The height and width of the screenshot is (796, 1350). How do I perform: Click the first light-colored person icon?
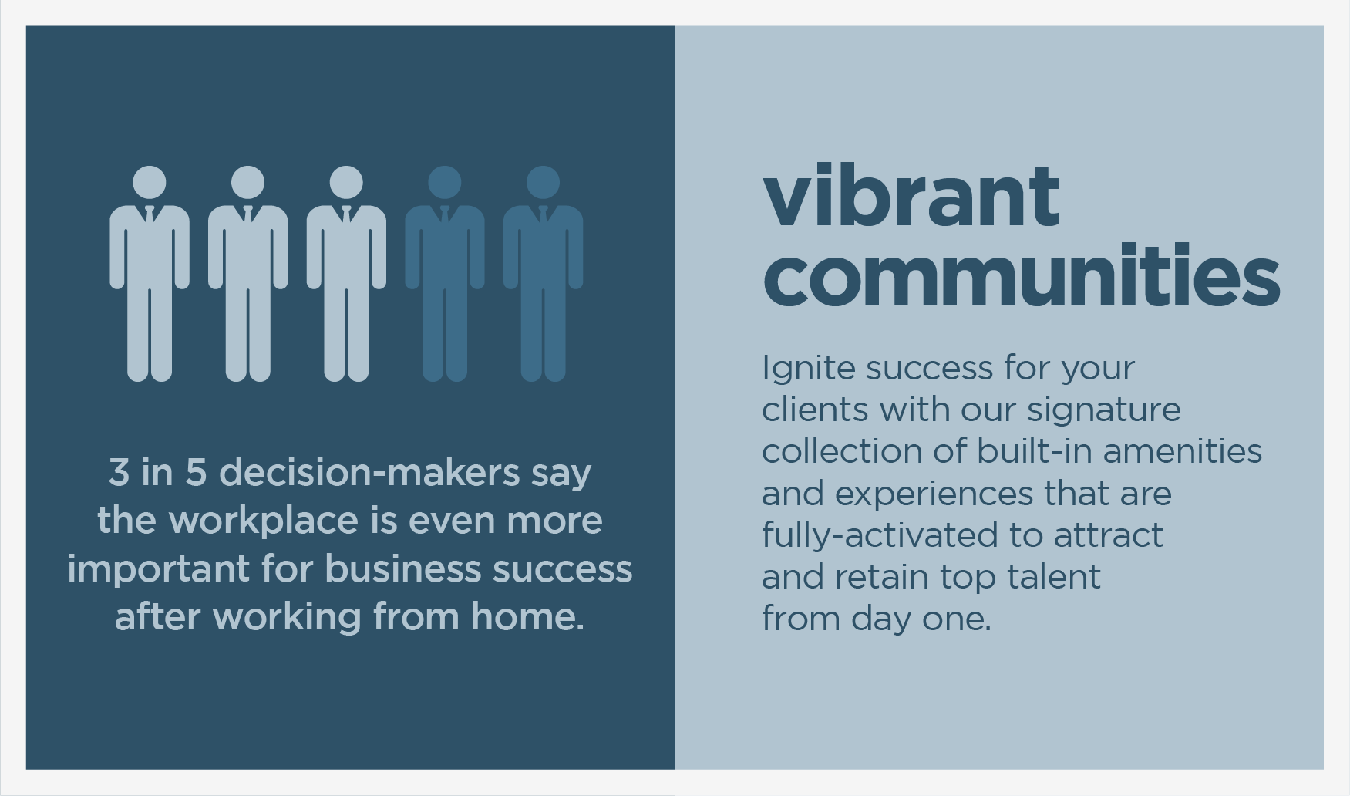pos(150,274)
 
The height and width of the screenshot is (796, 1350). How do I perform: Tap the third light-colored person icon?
pos(346,274)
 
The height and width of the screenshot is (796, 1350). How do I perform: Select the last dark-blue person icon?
pos(543,274)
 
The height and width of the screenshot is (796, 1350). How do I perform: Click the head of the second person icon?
pos(247,183)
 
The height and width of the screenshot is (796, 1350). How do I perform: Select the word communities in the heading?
pos(1022,275)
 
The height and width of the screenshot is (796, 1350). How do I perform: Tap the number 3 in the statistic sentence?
pos(119,472)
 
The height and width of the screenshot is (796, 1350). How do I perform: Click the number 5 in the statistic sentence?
pos(196,472)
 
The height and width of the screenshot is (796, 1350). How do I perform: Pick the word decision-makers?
pos(369,472)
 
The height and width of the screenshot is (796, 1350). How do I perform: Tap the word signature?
pos(1103,410)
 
